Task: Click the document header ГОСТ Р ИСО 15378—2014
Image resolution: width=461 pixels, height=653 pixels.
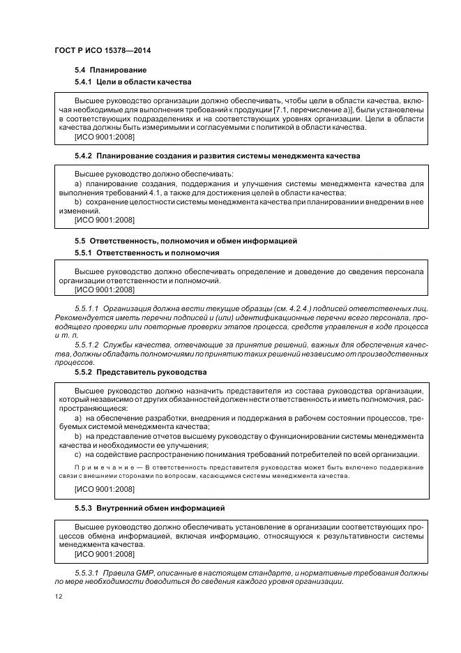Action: tap(103, 52)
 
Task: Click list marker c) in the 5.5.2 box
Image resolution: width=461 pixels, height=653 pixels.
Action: tap(78, 454)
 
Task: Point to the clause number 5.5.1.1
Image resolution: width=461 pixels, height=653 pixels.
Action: tap(86, 308)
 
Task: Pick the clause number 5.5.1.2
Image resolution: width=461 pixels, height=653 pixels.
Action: tap(86, 345)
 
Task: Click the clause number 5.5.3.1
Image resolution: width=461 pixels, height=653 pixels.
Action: tap(86, 573)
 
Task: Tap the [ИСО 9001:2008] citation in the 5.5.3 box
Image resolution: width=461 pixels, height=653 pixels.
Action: tap(104, 554)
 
